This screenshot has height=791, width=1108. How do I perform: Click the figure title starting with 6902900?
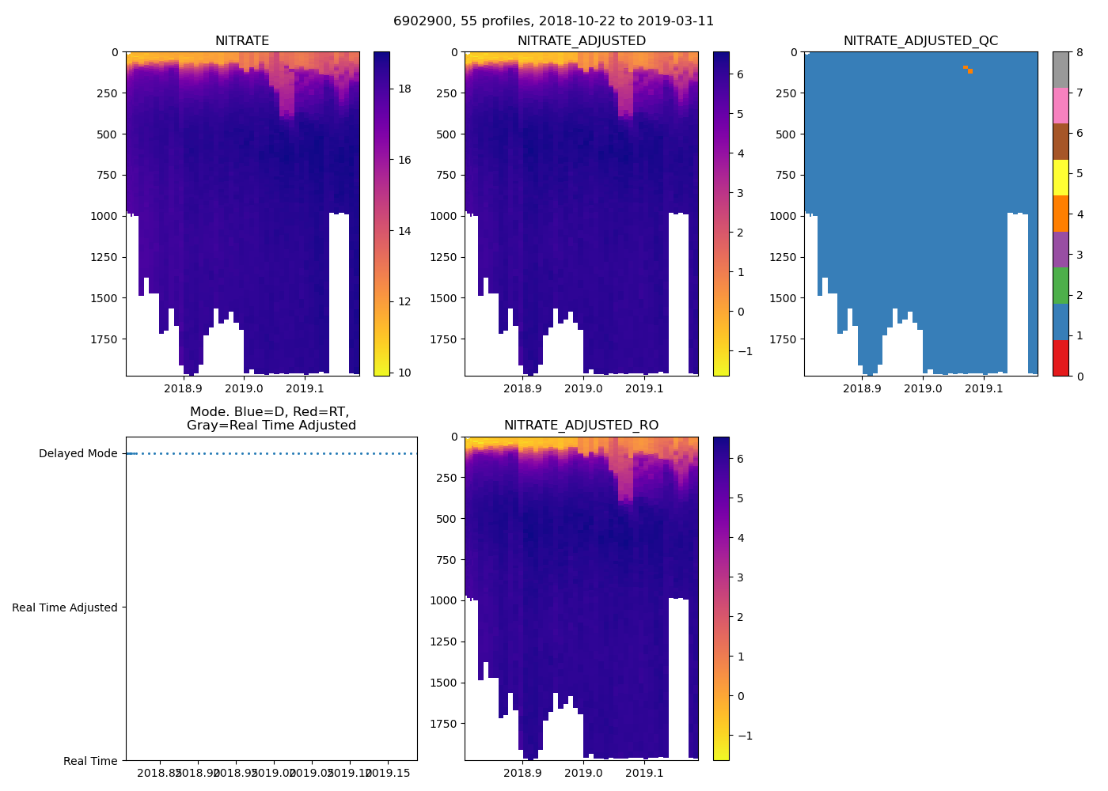coord(553,21)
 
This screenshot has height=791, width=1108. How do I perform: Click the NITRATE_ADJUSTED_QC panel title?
coord(920,41)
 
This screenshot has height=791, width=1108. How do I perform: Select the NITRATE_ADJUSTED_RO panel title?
coord(581,426)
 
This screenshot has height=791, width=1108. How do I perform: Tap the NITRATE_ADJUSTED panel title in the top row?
coord(581,41)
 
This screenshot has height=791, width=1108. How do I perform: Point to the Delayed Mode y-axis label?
coord(78,454)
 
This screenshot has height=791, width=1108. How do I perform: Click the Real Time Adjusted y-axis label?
coord(65,607)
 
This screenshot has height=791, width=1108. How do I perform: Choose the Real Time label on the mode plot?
coord(90,761)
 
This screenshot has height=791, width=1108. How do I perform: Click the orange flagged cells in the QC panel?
coord(968,70)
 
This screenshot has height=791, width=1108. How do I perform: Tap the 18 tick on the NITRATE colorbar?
coord(404,89)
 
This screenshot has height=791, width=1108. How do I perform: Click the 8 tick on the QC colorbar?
coord(1079,52)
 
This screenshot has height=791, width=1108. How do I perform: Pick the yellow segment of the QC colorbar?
coord(1061,177)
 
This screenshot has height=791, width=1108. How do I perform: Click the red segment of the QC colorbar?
coord(1061,358)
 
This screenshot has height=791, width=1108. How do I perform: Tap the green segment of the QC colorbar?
coord(1061,286)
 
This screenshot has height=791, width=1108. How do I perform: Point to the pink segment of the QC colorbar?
coord(1061,105)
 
